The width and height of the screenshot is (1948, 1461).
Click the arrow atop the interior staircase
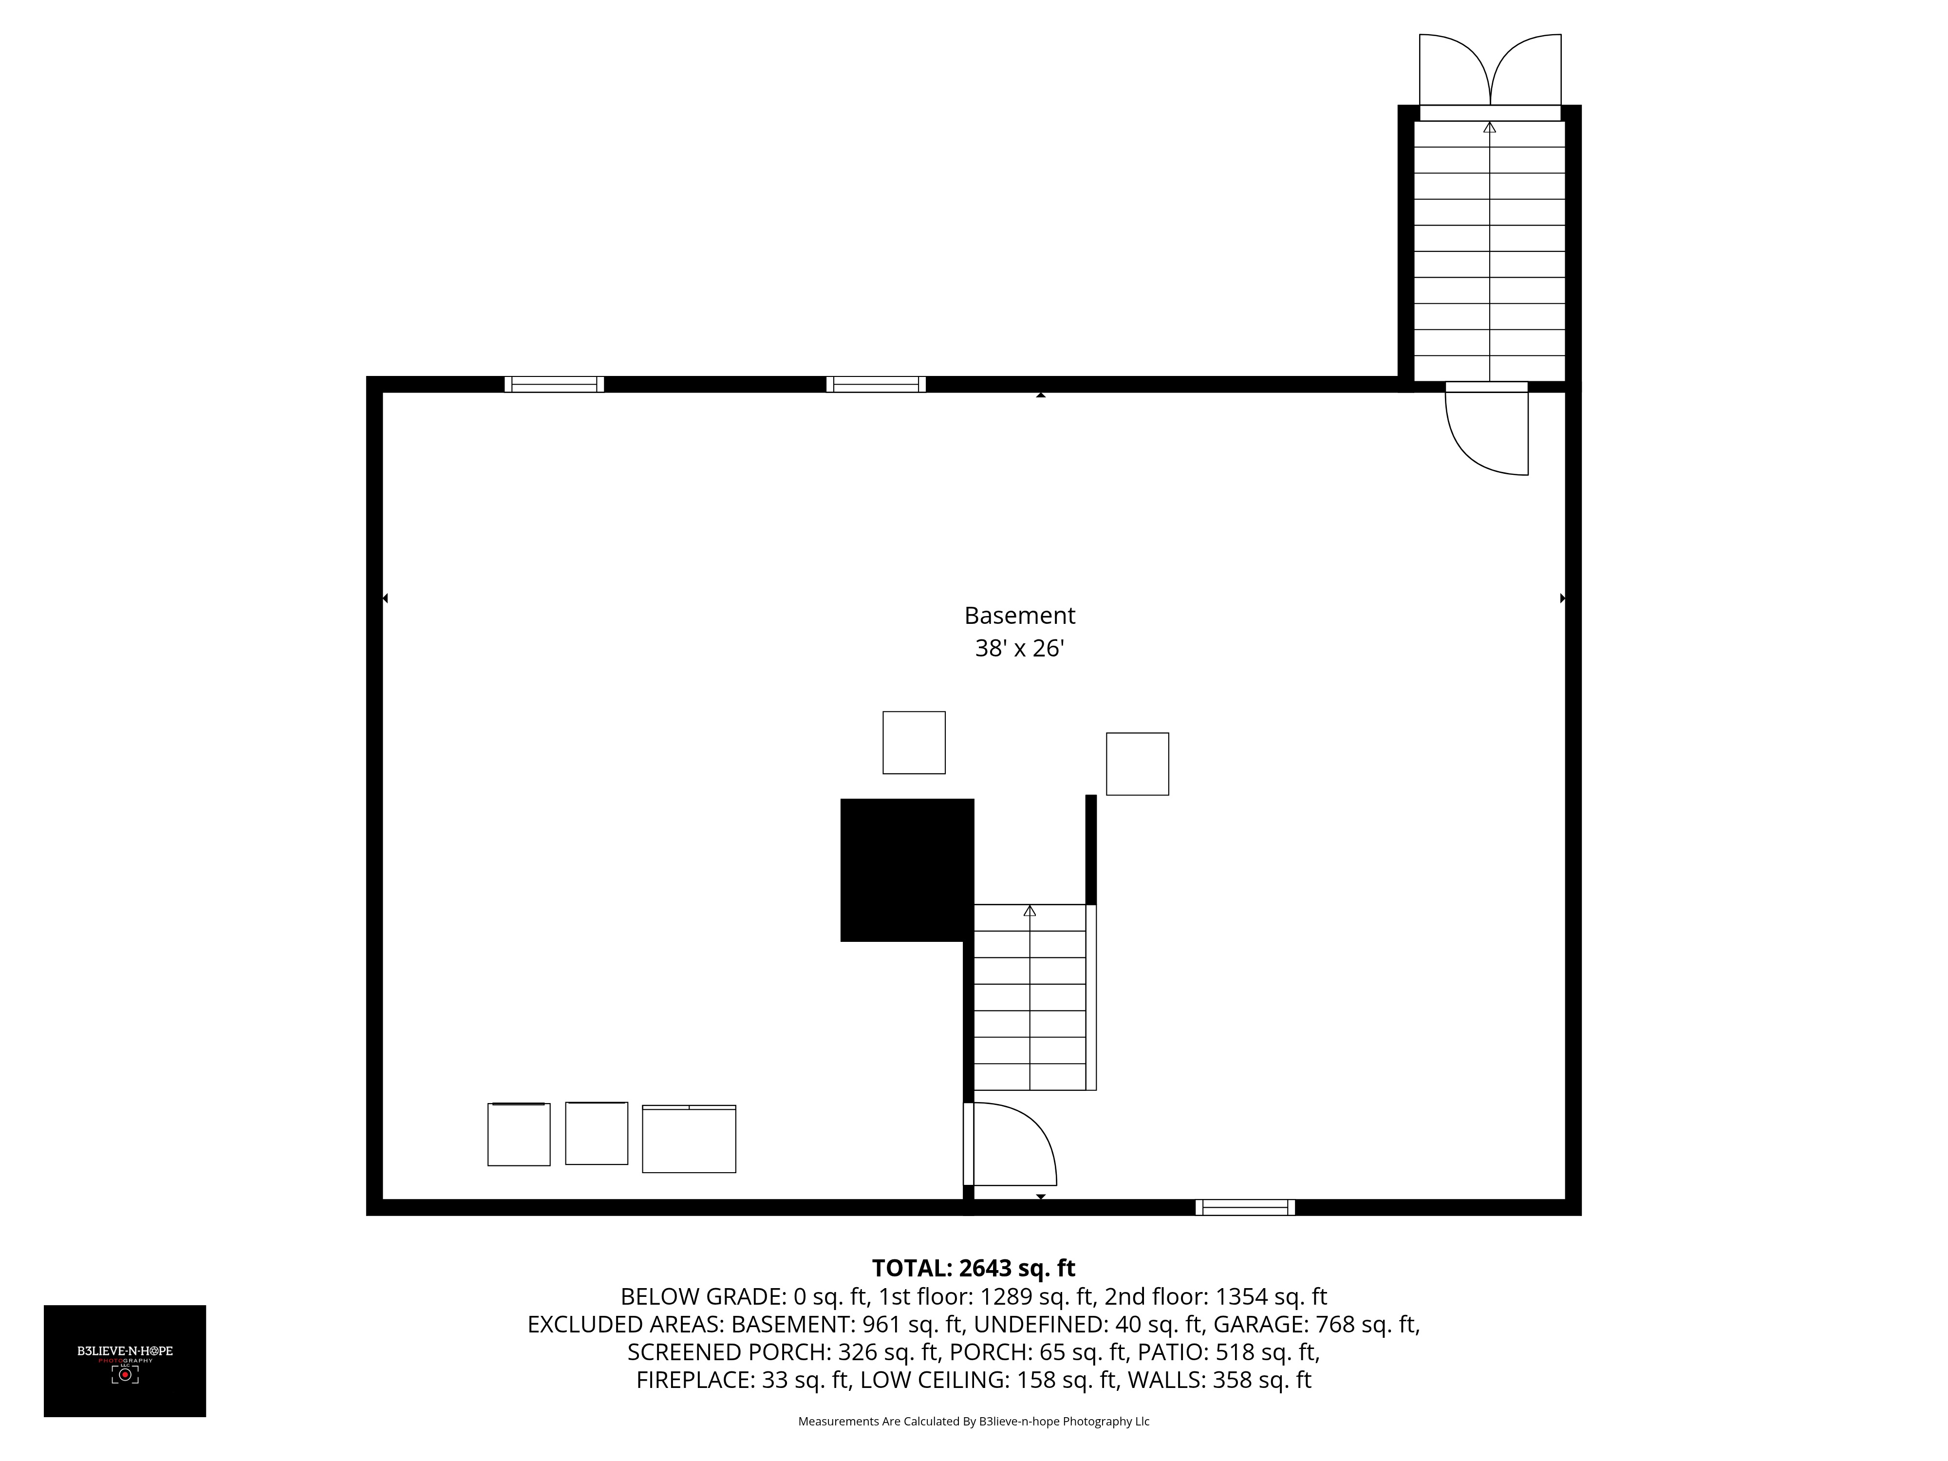(x=1030, y=911)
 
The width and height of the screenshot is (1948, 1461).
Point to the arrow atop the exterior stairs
(x=1489, y=128)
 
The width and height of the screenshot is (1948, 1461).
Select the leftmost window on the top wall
(x=554, y=384)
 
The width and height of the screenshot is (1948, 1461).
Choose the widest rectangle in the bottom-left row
(x=689, y=1139)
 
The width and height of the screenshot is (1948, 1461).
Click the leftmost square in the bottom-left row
(x=519, y=1134)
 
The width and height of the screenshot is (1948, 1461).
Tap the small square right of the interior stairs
(x=1137, y=764)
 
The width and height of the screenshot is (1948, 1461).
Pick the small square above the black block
(x=914, y=742)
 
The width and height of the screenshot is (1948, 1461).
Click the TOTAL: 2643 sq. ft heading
(x=973, y=1268)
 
